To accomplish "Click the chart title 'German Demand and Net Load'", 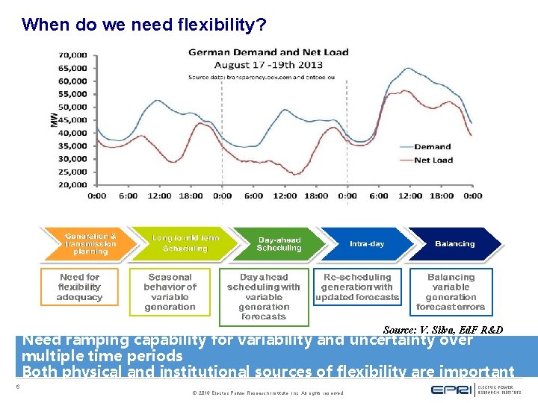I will click(x=268, y=52).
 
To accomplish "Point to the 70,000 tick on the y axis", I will click(x=72, y=54).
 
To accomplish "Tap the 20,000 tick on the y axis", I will click(x=72, y=184).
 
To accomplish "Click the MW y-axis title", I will click(x=54, y=119).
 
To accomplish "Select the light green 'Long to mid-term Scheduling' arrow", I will click(x=185, y=243).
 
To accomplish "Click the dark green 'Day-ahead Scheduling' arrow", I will click(x=279, y=244).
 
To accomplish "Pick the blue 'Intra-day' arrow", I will click(x=368, y=244).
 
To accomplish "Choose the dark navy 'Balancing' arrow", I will click(x=454, y=244).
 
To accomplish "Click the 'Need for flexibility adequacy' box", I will click(x=79, y=287).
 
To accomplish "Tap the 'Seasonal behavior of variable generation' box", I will click(x=170, y=292).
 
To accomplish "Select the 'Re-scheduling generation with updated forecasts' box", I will click(x=357, y=287).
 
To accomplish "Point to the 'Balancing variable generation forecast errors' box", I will click(x=451, y=292).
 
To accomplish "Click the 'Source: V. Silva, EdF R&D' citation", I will click(x=442, y=330).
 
